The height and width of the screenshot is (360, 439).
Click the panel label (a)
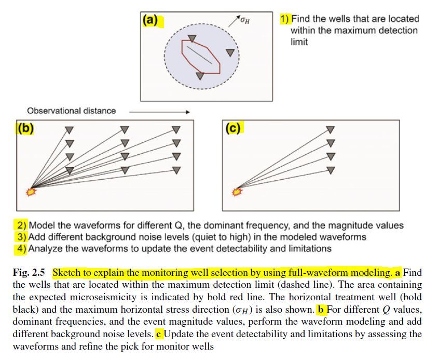click(x=150, y=20)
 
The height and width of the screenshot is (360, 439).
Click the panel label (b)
click(x=25, y=128)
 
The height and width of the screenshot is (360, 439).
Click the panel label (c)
click(x=232, y=128)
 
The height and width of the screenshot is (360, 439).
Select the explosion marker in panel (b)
click(x=30, y=192)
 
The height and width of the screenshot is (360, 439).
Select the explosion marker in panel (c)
click(x=237, y=192)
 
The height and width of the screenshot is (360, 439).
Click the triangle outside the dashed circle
click(x=229, y=52)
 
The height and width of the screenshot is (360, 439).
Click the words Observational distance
click(x=72, y=111)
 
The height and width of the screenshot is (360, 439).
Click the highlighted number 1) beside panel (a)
click(x=285, y=19)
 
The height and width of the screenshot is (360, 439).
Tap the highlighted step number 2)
click(x=21, y=225)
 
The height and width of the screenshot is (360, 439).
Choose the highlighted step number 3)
click(x=21, y=237)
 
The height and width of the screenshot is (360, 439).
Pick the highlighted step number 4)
click(x=21, y=248)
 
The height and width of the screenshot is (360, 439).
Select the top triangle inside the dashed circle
click(x=192, y=38)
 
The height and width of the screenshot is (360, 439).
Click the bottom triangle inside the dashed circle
click(x=200, y=76)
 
